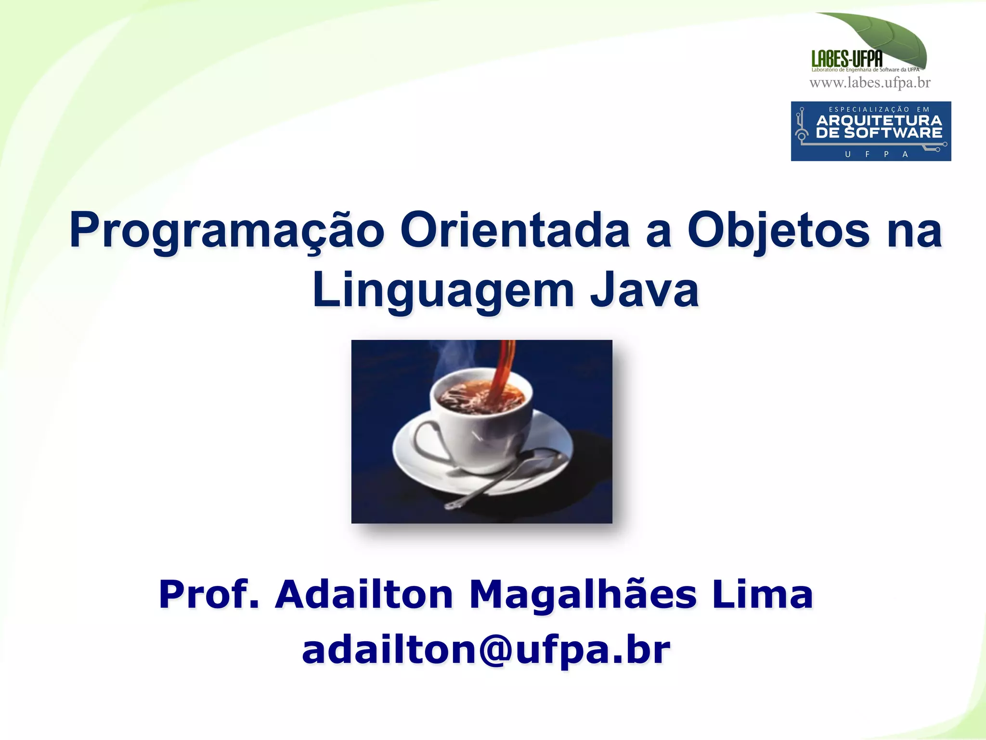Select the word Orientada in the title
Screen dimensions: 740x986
pyautogui.click(x=514, y=230)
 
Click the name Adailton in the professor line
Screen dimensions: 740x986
pyautogui.click(x=364, y=594)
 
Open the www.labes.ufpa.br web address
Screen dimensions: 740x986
pyautogui.click(x=870, y=83)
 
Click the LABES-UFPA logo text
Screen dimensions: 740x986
pyautogui.click(x=847, y=59)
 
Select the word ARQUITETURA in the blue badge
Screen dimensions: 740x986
pyautogui.click(x=879, y=120)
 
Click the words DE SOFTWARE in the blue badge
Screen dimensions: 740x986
pyautogui.click(x=879, y=133)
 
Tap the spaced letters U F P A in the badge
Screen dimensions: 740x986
pyautogui.click(x=876, y=154)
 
